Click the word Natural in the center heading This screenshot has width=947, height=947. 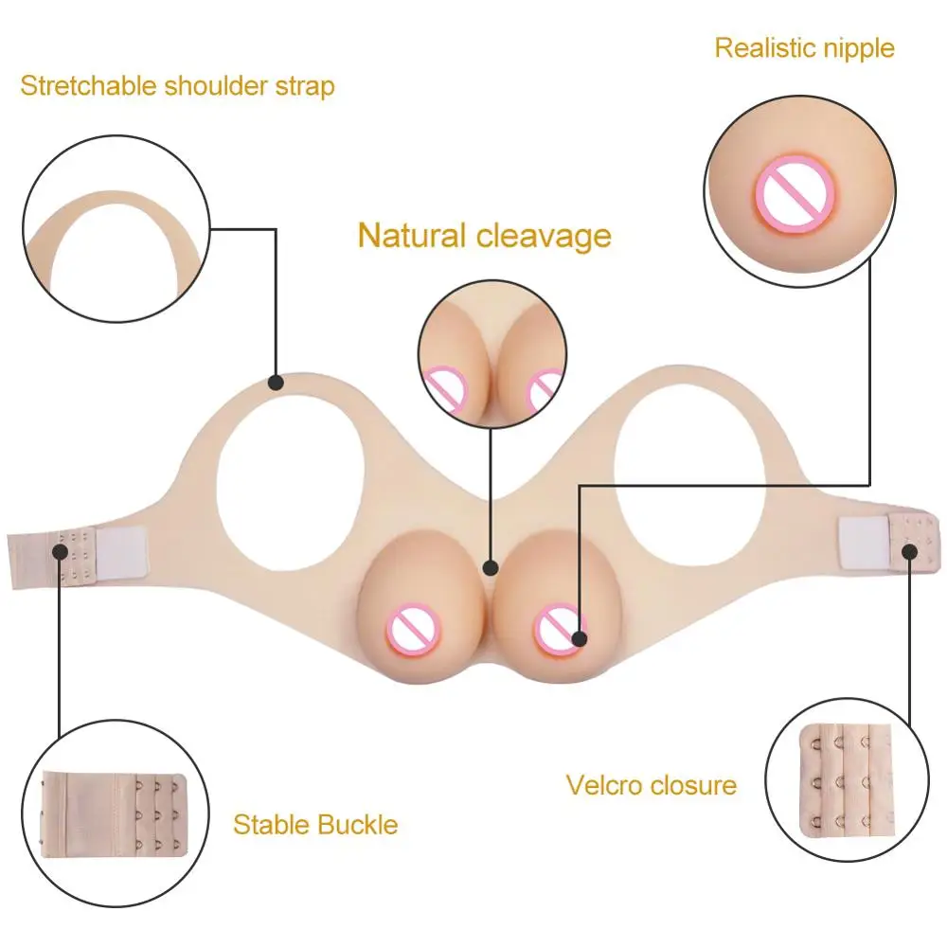coord(411,235)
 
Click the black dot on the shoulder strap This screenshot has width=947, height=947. coord(275,383)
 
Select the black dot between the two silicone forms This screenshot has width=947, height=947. coord(490,568)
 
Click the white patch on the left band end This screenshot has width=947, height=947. coord(118,550)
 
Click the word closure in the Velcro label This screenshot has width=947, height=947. coord(695,785)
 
